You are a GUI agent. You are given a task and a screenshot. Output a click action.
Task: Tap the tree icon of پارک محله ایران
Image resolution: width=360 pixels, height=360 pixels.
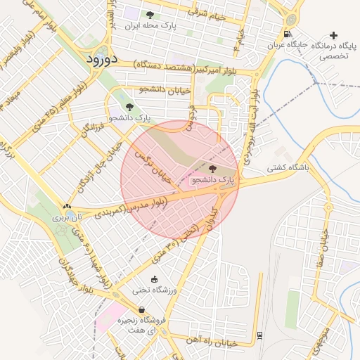149,15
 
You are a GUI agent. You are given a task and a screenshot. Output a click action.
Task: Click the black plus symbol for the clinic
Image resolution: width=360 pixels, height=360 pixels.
333,34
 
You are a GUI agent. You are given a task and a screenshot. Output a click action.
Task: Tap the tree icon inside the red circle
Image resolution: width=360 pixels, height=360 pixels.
213,168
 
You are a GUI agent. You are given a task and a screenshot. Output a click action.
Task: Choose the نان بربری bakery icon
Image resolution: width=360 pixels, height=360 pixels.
67,207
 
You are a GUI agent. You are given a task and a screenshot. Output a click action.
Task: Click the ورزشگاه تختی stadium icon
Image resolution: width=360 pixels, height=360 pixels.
155,279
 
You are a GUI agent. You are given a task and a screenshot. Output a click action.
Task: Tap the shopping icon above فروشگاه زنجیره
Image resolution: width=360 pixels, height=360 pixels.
143,309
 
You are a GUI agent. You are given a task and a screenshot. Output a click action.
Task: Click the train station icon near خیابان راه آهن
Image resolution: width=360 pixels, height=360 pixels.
259,335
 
